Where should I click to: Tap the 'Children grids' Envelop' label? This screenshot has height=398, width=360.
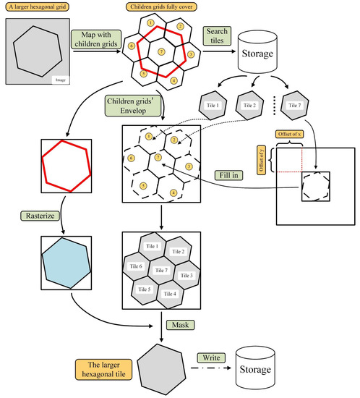coord(132,106)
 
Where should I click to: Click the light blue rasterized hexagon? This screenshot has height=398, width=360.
coord(67,263)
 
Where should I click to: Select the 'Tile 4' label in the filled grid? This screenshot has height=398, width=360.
coord(170,293)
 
